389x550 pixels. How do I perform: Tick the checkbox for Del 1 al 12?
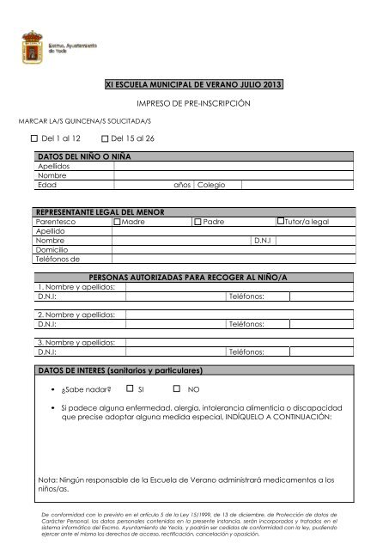tap(33, 138)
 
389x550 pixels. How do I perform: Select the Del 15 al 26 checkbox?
tap(105, 138)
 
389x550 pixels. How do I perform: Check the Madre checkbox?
tap(119, 222)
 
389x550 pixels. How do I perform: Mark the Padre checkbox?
tap(197, 222)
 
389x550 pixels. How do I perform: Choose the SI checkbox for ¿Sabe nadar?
tap(129, 389)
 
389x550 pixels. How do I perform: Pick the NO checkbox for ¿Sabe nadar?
tap(177, 389)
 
